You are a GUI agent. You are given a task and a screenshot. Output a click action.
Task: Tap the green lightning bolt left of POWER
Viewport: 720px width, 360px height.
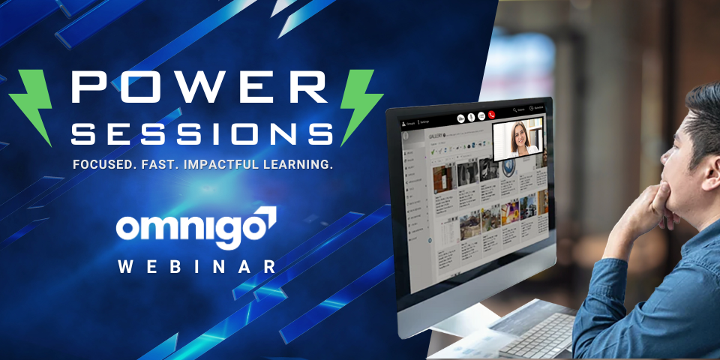[34, 105]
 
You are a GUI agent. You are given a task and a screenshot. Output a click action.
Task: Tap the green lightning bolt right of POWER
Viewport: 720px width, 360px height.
[358, 105]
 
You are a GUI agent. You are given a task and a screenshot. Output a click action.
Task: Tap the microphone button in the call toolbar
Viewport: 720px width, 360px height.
[471, 117]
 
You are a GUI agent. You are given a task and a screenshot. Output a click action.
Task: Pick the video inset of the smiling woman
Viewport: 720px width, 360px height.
[517, 138]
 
